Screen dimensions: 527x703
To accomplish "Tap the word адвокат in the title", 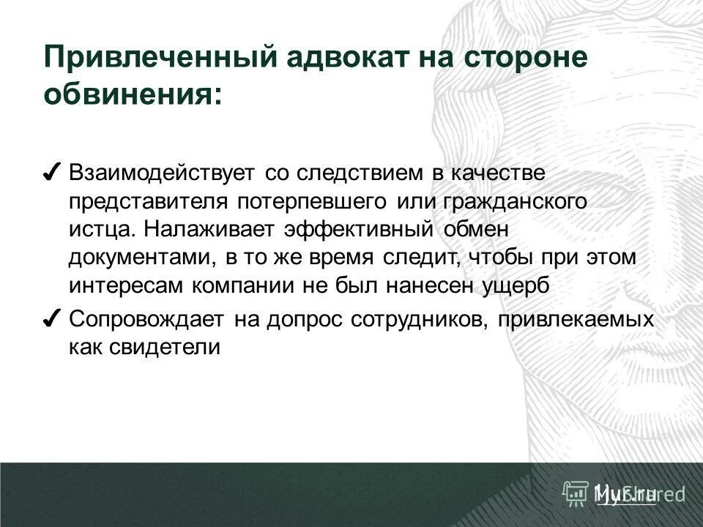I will click(330, 58).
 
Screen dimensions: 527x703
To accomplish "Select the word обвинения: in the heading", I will click(132, 93).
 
